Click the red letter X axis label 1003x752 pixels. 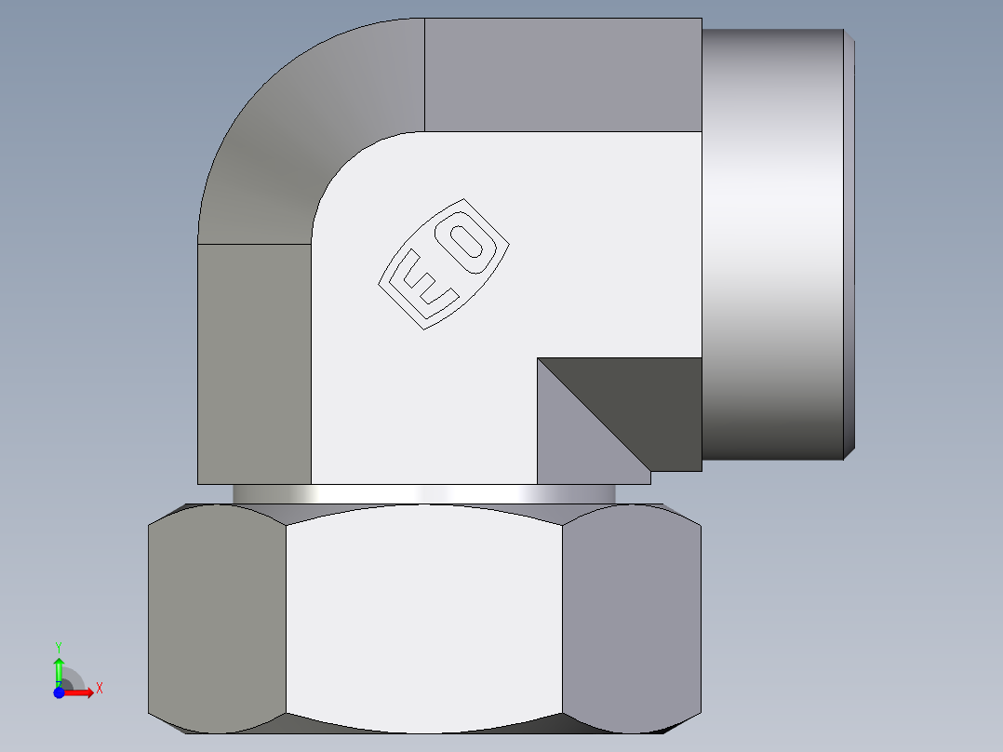[99, 689]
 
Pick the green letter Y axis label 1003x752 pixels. [59, 646]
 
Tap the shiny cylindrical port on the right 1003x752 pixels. [772, 242]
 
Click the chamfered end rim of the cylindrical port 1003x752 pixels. [849, 242]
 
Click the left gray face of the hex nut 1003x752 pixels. [217, 619]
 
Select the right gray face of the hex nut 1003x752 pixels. [631, 619]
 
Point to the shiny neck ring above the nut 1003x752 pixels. [423, 494]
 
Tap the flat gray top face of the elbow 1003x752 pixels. [563, 74]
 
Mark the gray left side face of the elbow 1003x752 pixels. [254, 363]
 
